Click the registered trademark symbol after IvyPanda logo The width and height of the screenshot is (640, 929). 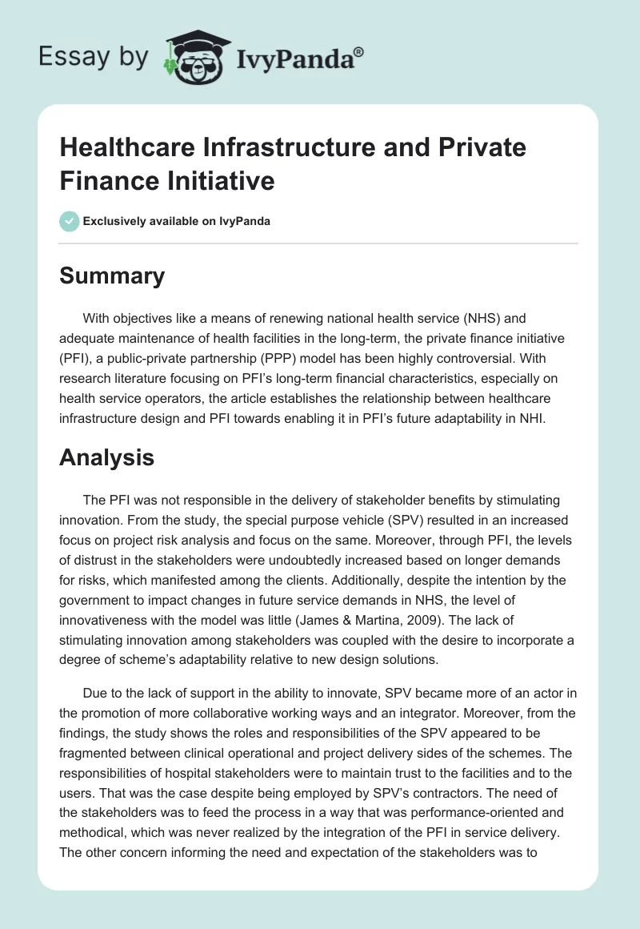(x=358, y=50)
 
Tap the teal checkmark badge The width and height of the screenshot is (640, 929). (x=70, y=221)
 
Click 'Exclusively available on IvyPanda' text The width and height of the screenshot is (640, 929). (x=177, y=222)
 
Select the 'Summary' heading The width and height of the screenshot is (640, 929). (x=112, y=275)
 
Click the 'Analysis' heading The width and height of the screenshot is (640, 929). (x=106, y=457)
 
